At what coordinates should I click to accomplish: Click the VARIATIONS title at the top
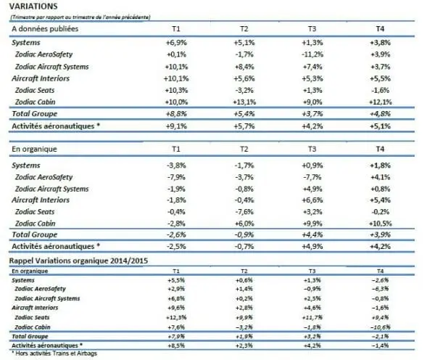[33, 6]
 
